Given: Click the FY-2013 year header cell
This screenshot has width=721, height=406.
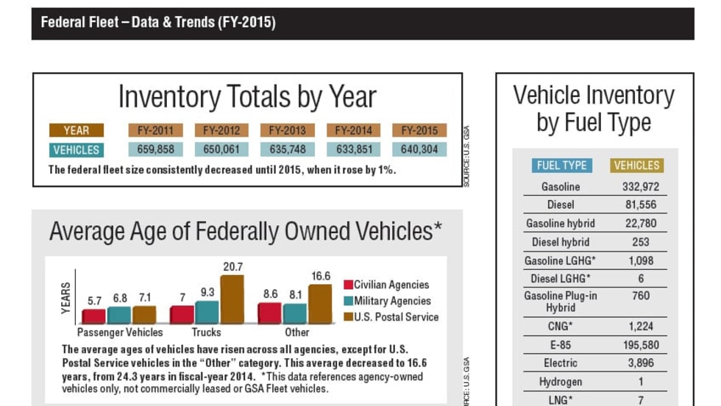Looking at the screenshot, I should coord(287,131).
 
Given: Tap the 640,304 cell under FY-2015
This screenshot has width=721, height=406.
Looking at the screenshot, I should coord(419,150).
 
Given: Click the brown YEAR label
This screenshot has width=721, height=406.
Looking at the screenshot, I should coord(76,131).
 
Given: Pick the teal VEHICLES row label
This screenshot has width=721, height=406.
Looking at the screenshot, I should coord(76,150).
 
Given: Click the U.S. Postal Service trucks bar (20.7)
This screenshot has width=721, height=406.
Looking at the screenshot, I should coord(232,299).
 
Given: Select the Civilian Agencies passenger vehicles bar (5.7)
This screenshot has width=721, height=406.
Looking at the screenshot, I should coord(93,316).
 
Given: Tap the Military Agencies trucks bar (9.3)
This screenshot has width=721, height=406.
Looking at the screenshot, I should coord(207,312).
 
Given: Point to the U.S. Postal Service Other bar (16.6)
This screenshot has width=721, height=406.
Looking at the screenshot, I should coord(320,304).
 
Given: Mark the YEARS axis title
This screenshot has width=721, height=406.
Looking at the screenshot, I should coord(66,298).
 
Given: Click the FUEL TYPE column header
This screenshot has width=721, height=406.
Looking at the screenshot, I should coord(561,165).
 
